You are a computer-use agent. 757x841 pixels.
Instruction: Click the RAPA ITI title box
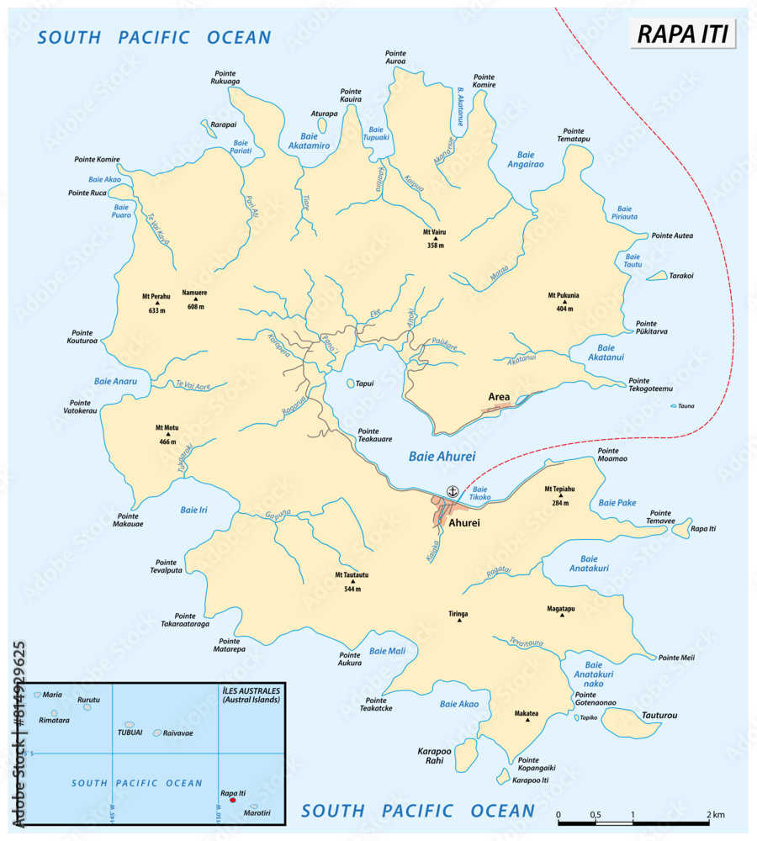(683, 34)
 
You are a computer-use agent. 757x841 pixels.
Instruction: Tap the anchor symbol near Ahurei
(452, 491)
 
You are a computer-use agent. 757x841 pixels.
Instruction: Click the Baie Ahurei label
(442, 457)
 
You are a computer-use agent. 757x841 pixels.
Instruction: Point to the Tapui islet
(352, 383)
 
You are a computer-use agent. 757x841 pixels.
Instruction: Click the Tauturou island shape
(632, 722)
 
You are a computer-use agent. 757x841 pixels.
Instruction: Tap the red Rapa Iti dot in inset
(233, 800)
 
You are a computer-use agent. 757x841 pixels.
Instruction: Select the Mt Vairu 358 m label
(434, 238)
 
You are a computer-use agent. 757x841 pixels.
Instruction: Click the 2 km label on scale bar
(715, 815)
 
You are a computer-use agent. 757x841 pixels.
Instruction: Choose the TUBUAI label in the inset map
(130, 732)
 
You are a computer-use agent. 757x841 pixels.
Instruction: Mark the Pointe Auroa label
(394, 57)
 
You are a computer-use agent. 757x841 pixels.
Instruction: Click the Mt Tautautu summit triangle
(352, 568)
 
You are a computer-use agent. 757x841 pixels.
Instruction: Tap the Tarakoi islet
(679, 275)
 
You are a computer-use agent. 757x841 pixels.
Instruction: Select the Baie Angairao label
(526, 160)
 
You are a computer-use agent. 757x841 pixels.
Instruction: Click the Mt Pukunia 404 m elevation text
(564, 308)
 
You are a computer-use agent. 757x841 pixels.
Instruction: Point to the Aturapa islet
(322, 125)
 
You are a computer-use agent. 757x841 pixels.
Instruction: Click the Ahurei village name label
(464, 522)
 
